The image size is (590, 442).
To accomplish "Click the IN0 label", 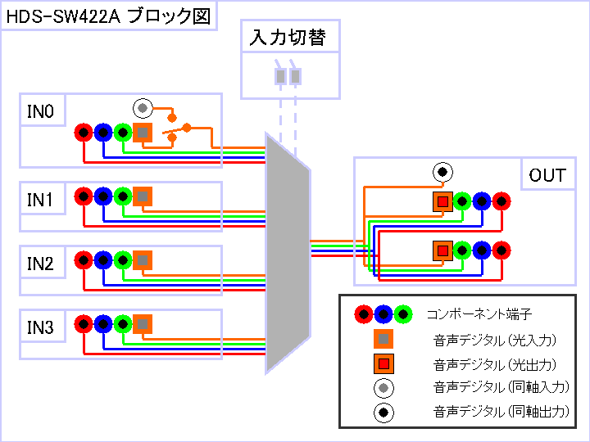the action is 41,111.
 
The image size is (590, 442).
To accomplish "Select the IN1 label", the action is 41,200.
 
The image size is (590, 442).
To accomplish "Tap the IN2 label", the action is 41,264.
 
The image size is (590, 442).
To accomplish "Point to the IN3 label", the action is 41,327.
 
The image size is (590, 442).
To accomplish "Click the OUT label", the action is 547,175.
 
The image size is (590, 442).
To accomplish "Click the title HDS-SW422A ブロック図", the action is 108,16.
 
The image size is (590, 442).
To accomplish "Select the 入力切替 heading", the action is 288,37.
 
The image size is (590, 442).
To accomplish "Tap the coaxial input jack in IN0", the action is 143,108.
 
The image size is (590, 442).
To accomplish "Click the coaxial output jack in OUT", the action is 442,172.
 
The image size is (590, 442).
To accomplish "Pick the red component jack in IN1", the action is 84,196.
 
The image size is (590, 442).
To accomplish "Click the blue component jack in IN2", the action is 103,260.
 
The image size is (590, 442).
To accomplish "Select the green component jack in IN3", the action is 123,324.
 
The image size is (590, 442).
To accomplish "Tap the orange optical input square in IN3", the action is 143,324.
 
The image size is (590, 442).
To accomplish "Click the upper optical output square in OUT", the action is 442,202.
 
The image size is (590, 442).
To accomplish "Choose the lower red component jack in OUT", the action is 501,250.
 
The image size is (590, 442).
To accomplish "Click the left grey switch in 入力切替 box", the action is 281,76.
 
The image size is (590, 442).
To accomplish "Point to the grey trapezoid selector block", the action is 288,253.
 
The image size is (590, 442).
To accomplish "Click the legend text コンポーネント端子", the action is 479,313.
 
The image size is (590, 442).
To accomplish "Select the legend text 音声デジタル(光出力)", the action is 495,364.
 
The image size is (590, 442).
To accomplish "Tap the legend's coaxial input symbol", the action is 383,388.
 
